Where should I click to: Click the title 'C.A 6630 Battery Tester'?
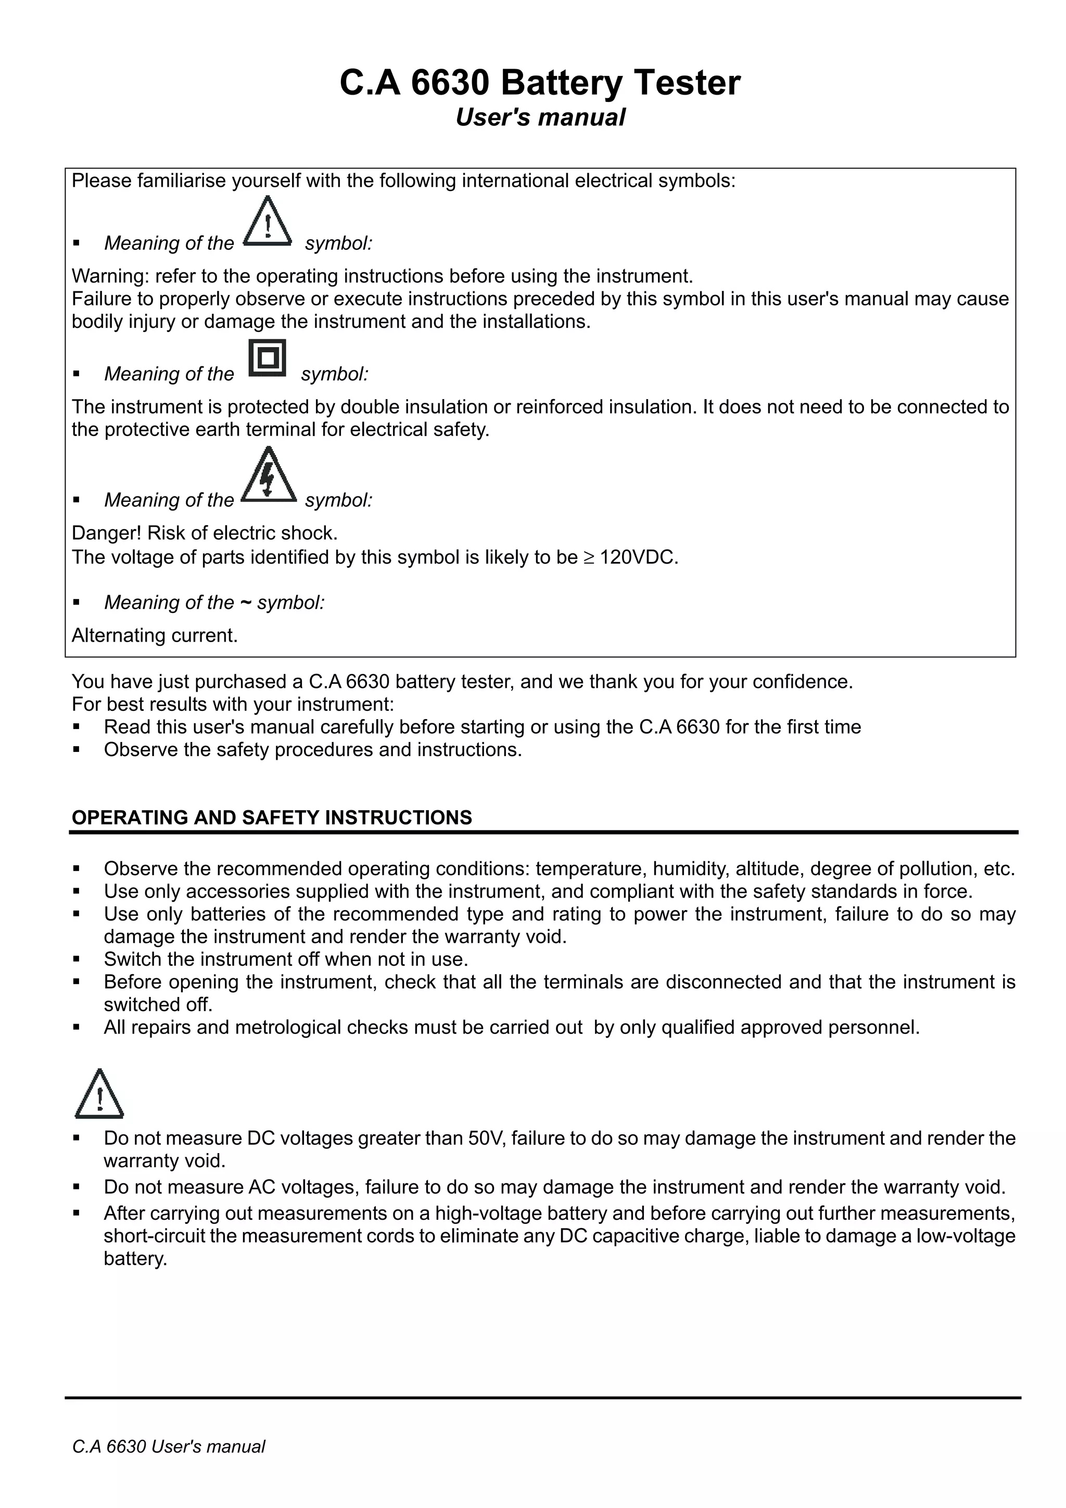point(539,83)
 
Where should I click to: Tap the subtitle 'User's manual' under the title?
point(539,118)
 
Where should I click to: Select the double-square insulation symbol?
point(268,358)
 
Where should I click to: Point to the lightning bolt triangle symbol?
point(268,476)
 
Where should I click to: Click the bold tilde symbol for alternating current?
point(245,602)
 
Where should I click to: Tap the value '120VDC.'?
point(639,558)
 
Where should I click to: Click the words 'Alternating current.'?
point(155,635)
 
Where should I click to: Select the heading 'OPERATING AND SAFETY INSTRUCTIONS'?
point(271,817)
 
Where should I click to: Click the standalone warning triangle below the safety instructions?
point(99,1095)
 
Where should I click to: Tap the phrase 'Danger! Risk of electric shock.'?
point(204,533)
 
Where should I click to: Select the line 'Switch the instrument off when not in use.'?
point(286,960)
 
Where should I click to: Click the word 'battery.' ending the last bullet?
point(135,1259)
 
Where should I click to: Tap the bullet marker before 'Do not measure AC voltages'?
point(76,1187)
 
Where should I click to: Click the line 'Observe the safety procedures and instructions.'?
point(313,749)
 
